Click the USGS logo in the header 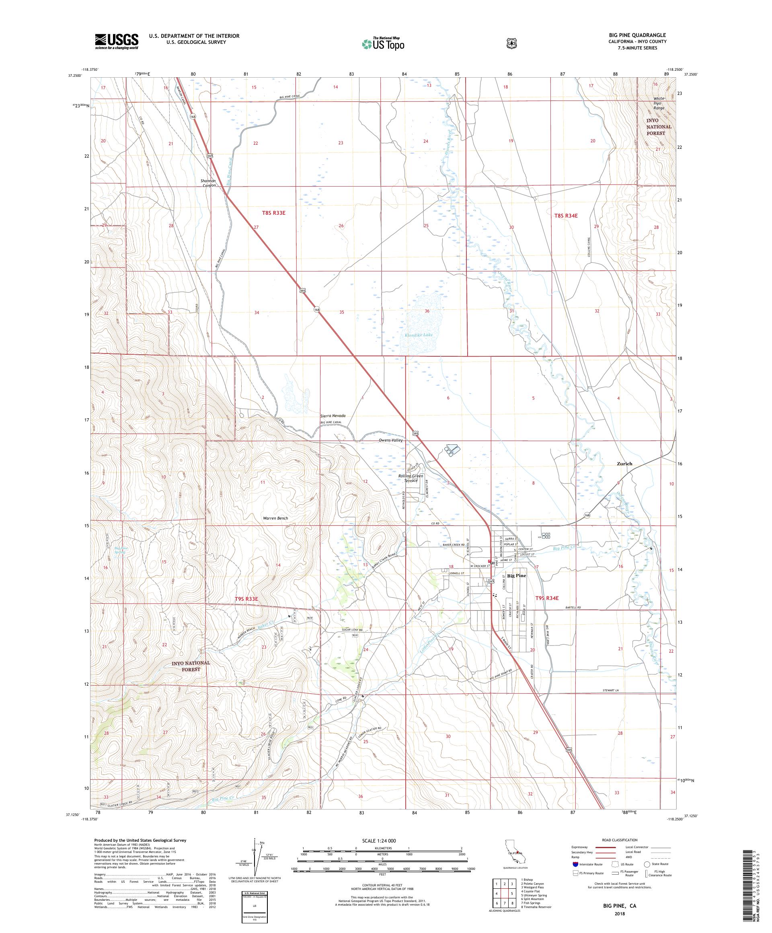point(116,42)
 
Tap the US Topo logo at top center point(383,43)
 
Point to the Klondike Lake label point(419,335)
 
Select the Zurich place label point(624,463)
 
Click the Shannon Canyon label point(208,183)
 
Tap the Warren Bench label point(275,518)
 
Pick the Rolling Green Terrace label point(410,478)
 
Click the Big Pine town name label point(517,576)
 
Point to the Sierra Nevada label point(333,416)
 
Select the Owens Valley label point(390,440)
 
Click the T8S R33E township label point(273,213)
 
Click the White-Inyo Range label point(657,103)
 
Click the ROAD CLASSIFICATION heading point(619,840)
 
